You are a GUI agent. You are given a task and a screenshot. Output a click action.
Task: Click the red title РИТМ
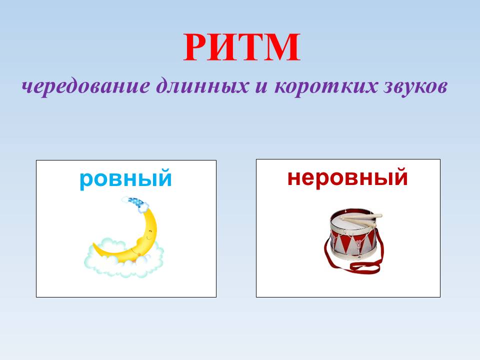(x=241, y=48)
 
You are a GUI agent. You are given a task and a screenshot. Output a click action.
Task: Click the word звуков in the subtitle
(x=410, y=87)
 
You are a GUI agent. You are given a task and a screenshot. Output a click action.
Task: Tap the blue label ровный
(x=125, y=178)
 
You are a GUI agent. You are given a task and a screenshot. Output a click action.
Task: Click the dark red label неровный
(x=347, y=177)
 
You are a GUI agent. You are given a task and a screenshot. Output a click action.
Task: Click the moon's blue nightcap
(x=135, y=201)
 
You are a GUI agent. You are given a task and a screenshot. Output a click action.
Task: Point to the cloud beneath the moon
(x=122, y=262)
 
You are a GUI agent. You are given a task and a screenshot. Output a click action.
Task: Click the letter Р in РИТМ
(x=197, y=48)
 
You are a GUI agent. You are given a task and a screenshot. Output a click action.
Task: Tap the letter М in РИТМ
(x=282, y=48)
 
